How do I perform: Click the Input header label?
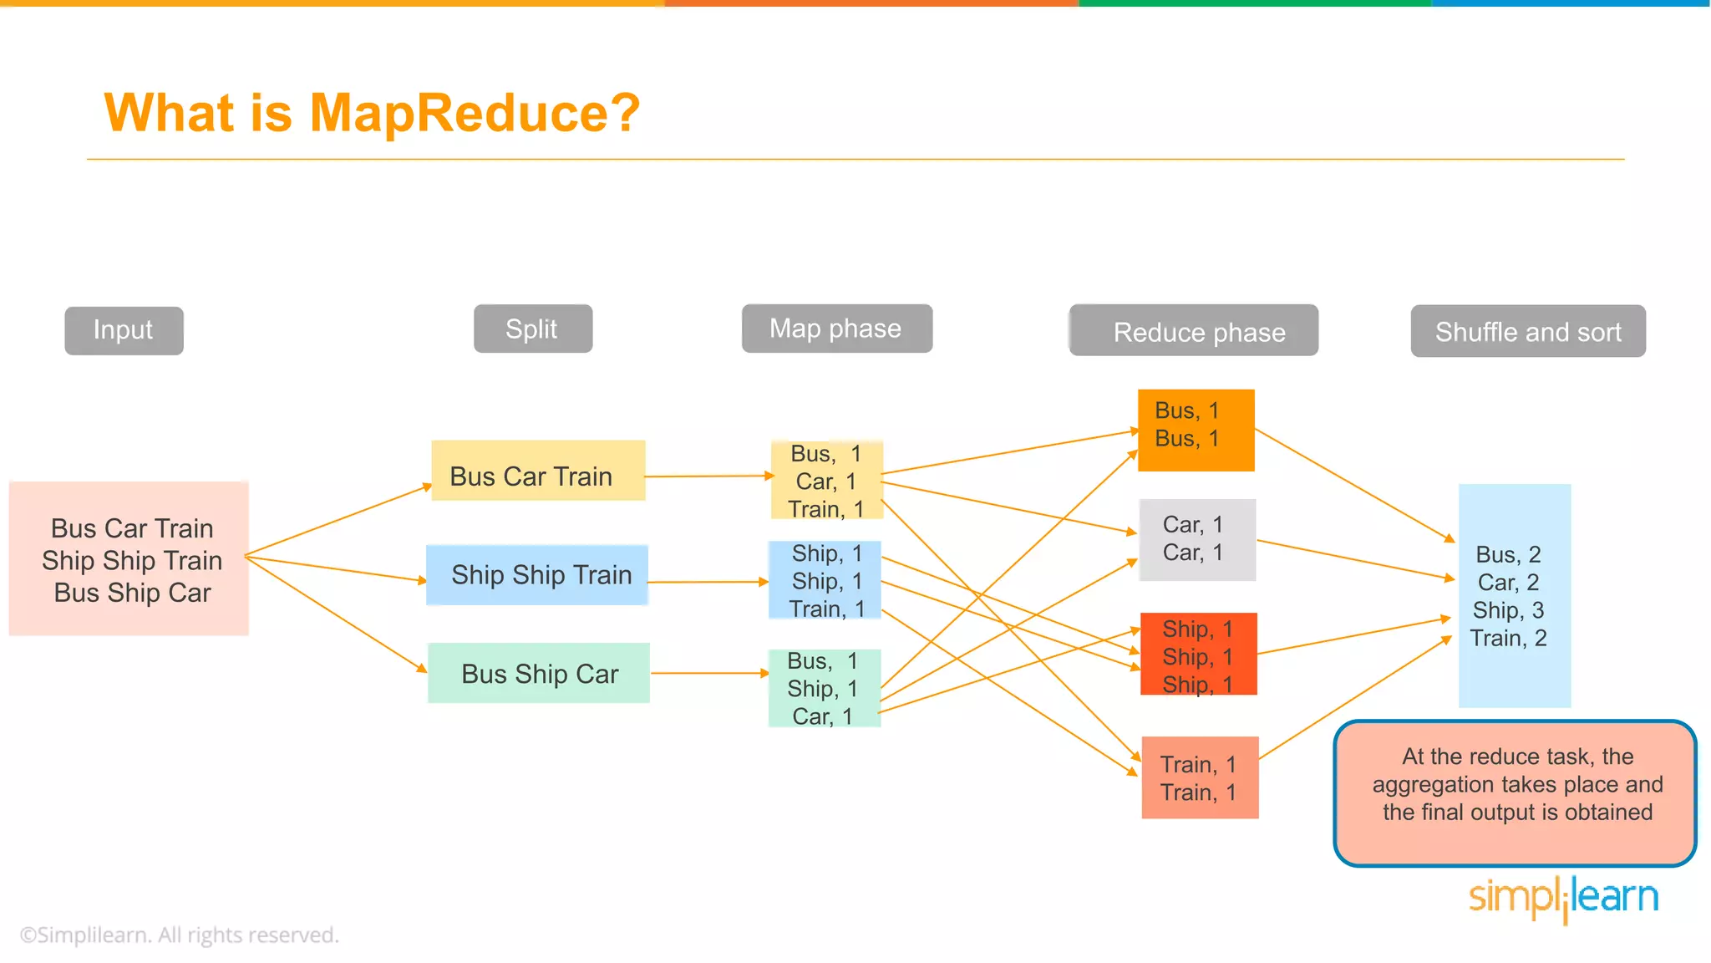(x=124, y=330)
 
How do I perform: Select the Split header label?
(x=532, y=329)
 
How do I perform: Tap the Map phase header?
(x=836, y=329)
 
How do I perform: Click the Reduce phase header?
(x=1194, y=331)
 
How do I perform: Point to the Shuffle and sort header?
(x=1528, y=331)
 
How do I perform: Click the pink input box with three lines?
(x=129, y=558)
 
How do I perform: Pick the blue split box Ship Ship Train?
(x=537, y=575)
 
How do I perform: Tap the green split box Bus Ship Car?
(x=539, y=673)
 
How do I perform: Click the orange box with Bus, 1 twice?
(x=1196, y=430)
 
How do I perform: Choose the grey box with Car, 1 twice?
(x=1197, y=539)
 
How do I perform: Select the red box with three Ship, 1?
(x=1198, y=655)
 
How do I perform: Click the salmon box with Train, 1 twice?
(x=1200, y=777)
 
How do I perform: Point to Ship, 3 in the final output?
(x=1508, y=610)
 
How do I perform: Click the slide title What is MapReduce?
(x=372, y=113)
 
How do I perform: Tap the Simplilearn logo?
(x=1563, y=899)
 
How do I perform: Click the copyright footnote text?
(x=180, y=935)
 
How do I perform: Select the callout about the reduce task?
(x=1515, y=792)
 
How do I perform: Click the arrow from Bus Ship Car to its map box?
(x=708, y=673)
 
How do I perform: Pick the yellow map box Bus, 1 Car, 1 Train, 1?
(x=825, y=481)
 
